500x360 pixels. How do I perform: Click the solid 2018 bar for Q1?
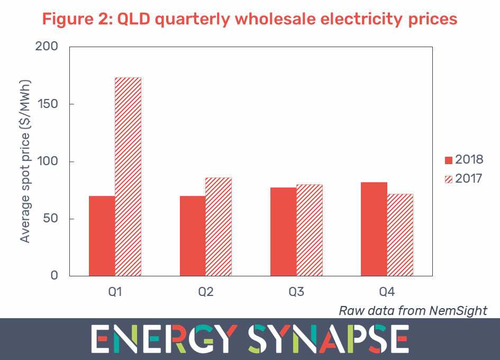(102, 236)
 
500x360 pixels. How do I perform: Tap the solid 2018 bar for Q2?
(193, 236)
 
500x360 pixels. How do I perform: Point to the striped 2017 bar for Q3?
(310, 230)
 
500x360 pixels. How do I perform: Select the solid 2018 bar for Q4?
(374, 229)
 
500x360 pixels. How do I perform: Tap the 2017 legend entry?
(464, 178)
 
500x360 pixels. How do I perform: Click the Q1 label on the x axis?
(115, 292)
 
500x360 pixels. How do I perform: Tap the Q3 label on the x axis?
(296, 292)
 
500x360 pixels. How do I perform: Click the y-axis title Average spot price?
(25, 161)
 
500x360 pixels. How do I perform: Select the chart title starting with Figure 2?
(250, 20)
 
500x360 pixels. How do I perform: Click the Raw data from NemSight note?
(413, 310)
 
